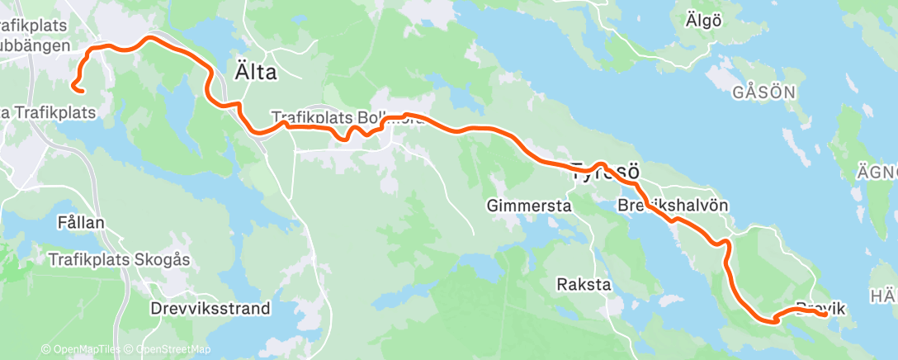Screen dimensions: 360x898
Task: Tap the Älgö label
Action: [703, 21]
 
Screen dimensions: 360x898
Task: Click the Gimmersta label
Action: [529, 206]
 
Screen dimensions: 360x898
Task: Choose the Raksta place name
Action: [584, 285]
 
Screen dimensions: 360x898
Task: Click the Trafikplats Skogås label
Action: [120, 259]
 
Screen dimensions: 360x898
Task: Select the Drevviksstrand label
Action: [210, 309]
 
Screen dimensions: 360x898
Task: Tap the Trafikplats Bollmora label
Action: [347, 118]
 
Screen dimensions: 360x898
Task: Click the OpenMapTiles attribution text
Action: [81, 350]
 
